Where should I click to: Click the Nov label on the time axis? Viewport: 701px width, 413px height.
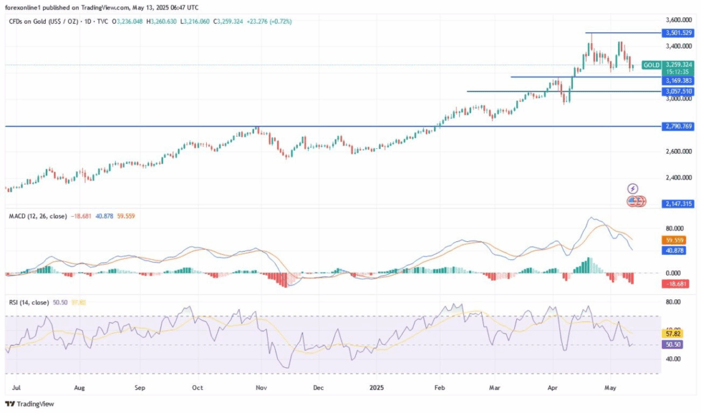point(261,387)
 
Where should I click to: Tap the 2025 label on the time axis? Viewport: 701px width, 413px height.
point(377,387)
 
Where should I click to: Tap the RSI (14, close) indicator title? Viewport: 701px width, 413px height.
point(29,301)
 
